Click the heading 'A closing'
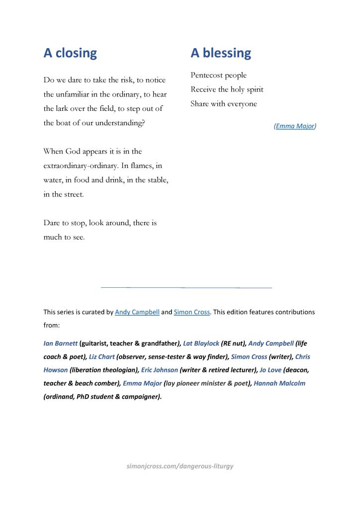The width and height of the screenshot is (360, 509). pos(70,53)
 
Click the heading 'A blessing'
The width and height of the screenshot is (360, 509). pos(221,53)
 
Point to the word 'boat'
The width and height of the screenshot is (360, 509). pos(66,123)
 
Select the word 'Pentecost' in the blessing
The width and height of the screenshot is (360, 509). pos(206,76)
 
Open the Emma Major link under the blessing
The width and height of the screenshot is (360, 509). pos(295,126)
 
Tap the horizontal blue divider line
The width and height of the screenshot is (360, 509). pos(186,287)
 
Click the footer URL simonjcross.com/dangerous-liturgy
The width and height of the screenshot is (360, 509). pos(180,466)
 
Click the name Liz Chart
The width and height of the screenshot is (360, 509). pos(101,357)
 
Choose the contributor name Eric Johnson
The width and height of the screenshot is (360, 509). pos(159,370)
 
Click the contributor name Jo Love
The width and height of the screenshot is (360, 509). pos(270,370)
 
